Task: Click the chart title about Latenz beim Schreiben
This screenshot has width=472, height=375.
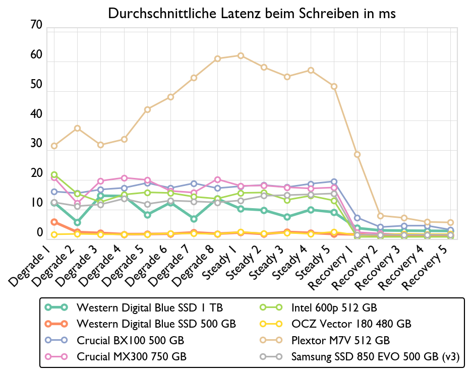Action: pyautogui.click(x=252, y=14)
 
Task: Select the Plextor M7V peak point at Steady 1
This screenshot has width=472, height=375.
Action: pyautogui.click(x=241, y=55)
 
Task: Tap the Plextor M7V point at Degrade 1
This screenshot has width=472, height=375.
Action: pyautogui.click(x=54, y=146)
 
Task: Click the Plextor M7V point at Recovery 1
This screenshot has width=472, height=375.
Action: pyautogui.click(x=357, y=154)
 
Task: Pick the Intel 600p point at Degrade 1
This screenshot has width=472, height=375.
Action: pyautogui.click(x=54, y=175)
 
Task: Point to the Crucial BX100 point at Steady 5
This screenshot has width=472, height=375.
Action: pyautogui.click(x=334, y=181)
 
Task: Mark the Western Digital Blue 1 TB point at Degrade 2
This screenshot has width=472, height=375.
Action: pyautogui.click(x=77, y=222)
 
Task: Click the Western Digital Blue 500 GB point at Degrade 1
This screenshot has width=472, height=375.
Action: pyautogui.click(x=54, y=222)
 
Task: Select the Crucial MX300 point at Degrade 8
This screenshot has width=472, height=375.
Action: pyautogui.click(x=217, y=179)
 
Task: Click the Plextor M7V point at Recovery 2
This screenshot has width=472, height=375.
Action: pyautogui.click(x=380, y=216)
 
